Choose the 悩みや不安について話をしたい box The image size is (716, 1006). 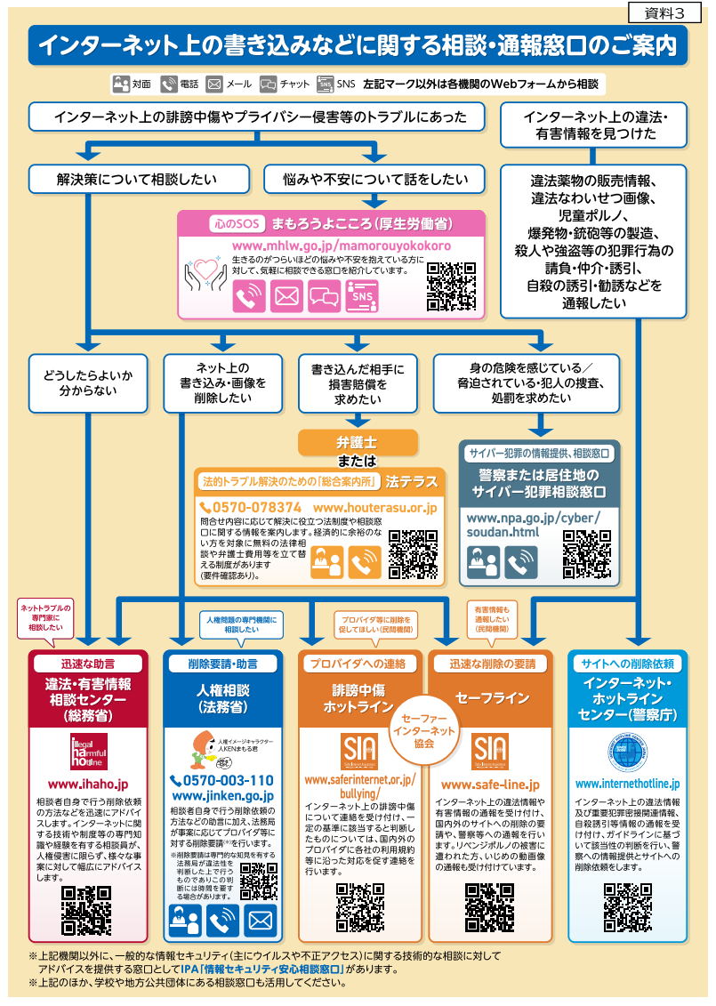click(x=374, y=179)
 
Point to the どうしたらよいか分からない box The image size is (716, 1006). click(x=88, y=382)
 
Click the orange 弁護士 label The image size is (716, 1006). click(x=357, y=442)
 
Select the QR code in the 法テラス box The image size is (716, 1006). click(x=413, y=554)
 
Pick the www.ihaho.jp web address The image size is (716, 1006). click(x=88, y=784)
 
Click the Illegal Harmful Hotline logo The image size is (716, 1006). click(x=88, y=752)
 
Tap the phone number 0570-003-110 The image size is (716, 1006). click(x=221, y=780)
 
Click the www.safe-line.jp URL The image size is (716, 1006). click(x=490, y=785)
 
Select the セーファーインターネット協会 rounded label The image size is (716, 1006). click(x=423, y=730)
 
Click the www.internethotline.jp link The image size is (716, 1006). click(x=627, y=784)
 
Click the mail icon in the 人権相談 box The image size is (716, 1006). click(x=259, y=919)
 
